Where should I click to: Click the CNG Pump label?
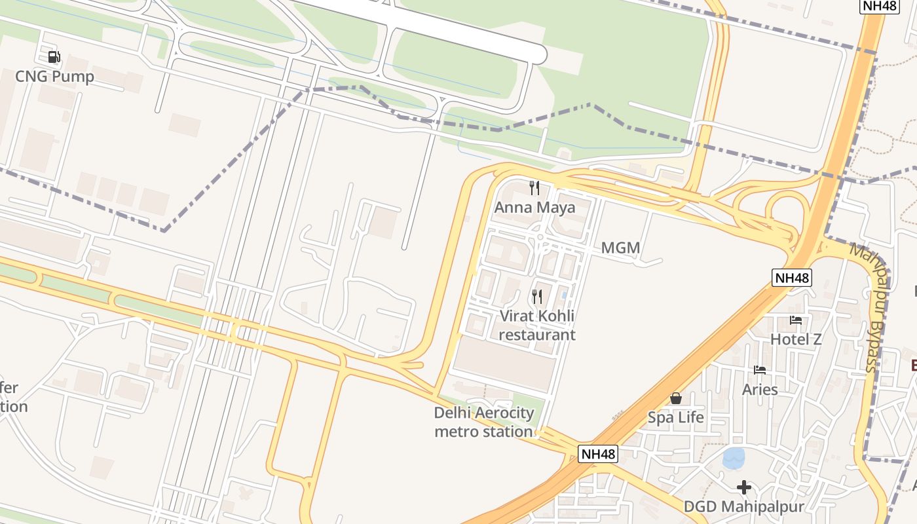tap(54, 77)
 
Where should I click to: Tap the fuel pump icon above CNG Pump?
tap(54, 57)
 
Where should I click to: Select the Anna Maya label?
tap(534, 208)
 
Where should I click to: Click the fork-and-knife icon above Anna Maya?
tap(534, 188)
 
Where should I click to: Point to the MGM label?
tap(620, 248)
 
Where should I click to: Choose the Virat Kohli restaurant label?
tap(537, 326)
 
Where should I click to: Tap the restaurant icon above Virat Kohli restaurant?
tap(537, 297)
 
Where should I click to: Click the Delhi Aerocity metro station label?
tap(484, 422)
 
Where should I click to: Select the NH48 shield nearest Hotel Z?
tap(792, 278)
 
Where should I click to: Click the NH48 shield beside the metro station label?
tap(599, 453)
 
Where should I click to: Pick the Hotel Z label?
tap(796, 339)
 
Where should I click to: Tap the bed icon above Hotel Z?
tap(796, 320)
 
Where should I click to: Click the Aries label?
tap(760, 390)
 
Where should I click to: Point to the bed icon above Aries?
tap(760, 370)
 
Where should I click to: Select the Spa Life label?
tap(676, 417)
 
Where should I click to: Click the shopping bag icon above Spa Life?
tap(676, 398)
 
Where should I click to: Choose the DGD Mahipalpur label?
tap(743, 507)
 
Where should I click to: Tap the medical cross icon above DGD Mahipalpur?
tap(743, 487)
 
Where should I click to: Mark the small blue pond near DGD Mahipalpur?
tap(734, 458)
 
